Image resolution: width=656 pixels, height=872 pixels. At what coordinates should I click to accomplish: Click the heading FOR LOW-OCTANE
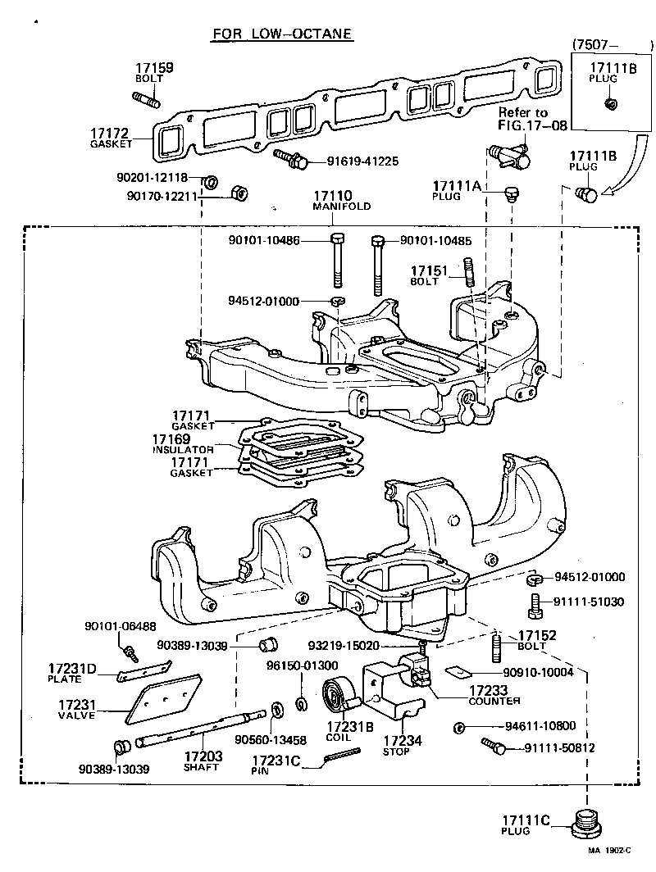282,34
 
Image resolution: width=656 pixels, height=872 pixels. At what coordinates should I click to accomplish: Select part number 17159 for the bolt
154,69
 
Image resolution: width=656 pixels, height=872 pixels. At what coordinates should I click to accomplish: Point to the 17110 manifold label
333,197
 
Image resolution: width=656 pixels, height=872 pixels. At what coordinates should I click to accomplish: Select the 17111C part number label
526,820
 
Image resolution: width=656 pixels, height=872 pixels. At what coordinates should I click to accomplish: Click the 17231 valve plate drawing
166,698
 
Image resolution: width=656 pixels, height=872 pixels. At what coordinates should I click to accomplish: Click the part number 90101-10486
264,241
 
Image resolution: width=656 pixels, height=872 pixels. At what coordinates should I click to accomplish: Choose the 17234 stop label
403,741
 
